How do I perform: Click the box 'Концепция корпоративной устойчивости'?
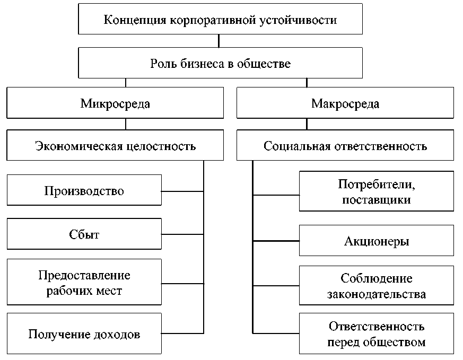point(220,20)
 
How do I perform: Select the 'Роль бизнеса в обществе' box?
point(220,64)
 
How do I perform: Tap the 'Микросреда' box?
point(115,103)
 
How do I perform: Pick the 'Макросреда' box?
point(345,103)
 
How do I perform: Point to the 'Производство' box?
point(84,190)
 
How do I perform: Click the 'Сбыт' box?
point(84,234)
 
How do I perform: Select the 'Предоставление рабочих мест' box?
point(84,283)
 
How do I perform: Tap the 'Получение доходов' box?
point(84,334)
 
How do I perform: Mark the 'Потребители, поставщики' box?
point(377,191)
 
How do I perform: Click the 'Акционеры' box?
point(377,241)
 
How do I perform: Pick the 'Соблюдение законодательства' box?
point(377,286)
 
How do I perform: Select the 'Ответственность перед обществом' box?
point(377,333)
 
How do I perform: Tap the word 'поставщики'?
point(377,200)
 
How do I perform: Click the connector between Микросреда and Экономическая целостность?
point(126,125)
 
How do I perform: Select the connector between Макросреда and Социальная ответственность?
point(307,125)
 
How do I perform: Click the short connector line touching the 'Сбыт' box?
point(182,234)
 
